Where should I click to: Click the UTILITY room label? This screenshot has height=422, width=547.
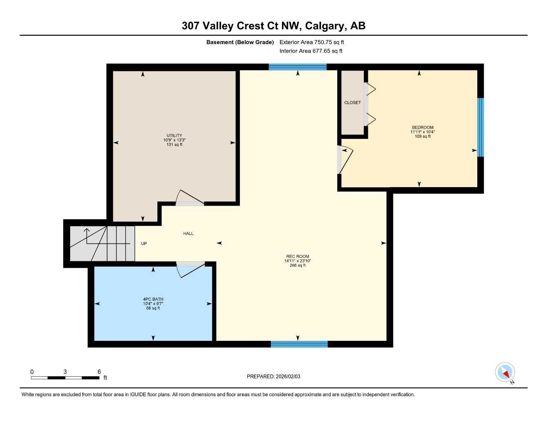pos(174,136)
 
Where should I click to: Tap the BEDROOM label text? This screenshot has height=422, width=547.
pos(422,127)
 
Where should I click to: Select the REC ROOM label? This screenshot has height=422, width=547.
pos(297,256)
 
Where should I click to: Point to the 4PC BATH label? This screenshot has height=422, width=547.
pos(153,299)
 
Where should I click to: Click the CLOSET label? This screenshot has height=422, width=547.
pos(353,103)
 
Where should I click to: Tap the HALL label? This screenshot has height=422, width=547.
pos(188,234)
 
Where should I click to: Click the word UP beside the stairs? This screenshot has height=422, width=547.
pos(144,244)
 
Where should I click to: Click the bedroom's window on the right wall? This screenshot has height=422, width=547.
pos(481,127)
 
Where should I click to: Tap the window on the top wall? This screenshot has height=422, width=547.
pos(297,67)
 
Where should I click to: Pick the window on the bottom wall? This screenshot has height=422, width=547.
pos(299,344)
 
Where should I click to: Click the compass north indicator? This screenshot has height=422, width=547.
pos(505,373)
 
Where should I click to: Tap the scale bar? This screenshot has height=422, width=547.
pos(65,377)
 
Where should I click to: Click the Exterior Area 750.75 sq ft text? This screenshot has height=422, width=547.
pos(312,42)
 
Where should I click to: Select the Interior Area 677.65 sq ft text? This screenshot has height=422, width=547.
pos(311,51)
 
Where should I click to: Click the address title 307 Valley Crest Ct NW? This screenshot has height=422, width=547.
pos(273,26)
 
